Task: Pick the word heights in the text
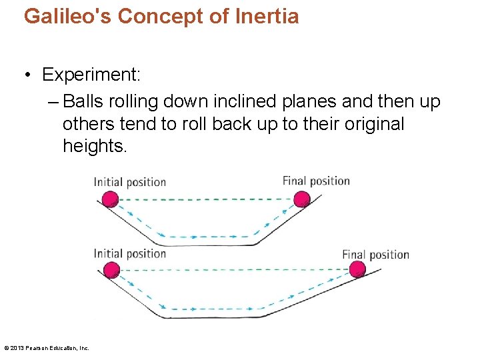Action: (94, 146)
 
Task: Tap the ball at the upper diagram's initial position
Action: (109, 199)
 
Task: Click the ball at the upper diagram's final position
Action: (302, 199)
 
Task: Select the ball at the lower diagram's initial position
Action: (111, 270)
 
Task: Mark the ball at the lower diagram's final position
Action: (357, 269)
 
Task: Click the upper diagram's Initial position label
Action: (129, 182)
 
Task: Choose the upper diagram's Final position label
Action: (316, 181)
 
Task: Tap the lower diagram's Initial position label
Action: (129, 253)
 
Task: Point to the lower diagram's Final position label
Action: (375, 255)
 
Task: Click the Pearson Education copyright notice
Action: (47, 348)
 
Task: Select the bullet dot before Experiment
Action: (29, 75)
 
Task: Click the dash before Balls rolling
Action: (53, 101)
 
